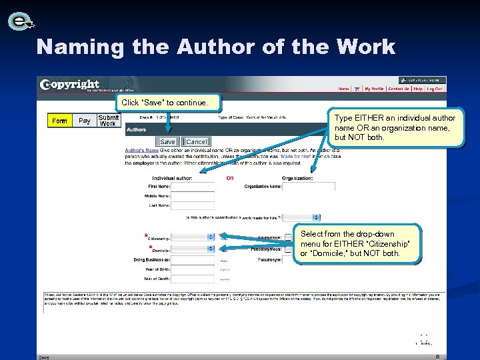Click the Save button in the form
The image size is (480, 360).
click(x=167, y=142)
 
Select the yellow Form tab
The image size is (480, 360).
click(x=59, y=121)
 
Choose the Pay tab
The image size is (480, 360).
click(x=85, y=121)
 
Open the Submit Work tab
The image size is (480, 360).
click(x=108, y=121)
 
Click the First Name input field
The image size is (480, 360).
click(x=193, y=187)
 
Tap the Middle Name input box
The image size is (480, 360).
click(x=193, y=197)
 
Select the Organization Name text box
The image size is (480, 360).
click(x=304, y=187)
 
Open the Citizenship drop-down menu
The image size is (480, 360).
click(x=193, y=237)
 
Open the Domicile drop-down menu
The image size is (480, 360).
click(x=193, y=249)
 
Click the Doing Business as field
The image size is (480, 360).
click(x=193, y=259)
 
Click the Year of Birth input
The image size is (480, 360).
click(x=193, y=269)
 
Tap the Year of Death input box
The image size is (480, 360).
click(x=193, y=279)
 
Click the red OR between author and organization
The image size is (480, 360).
click(x=230, y=178)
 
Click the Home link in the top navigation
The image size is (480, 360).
click(x=343, y=89)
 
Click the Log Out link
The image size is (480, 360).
click(x=434, y=89)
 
